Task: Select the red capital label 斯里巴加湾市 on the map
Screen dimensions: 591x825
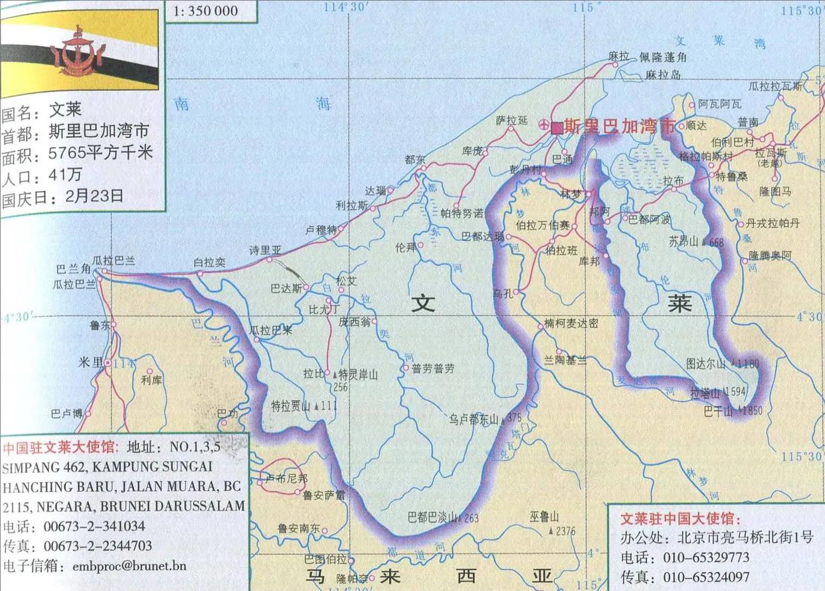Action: point(618,127)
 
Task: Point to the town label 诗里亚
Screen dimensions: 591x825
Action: point(265,250)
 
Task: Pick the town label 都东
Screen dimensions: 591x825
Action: point(414,159)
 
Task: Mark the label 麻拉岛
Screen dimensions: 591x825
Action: point(663,75)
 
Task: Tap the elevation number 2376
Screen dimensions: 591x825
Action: point(565,531)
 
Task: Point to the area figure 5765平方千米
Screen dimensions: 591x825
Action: point(100,154)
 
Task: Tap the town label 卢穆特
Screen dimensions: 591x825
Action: point(320,230)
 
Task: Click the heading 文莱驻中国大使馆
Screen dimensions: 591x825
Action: point(679,518)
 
